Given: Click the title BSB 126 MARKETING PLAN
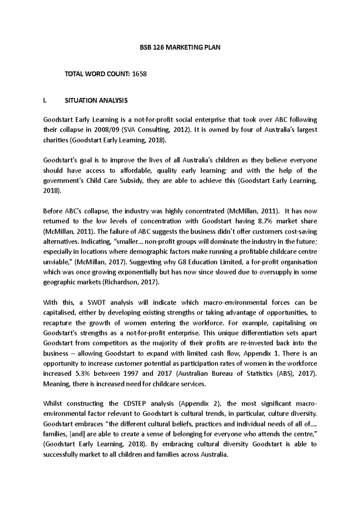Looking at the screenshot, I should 180,47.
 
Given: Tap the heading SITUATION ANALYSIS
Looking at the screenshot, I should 96,100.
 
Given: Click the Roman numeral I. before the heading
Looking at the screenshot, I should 45,100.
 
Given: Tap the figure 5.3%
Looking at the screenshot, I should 80,374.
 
